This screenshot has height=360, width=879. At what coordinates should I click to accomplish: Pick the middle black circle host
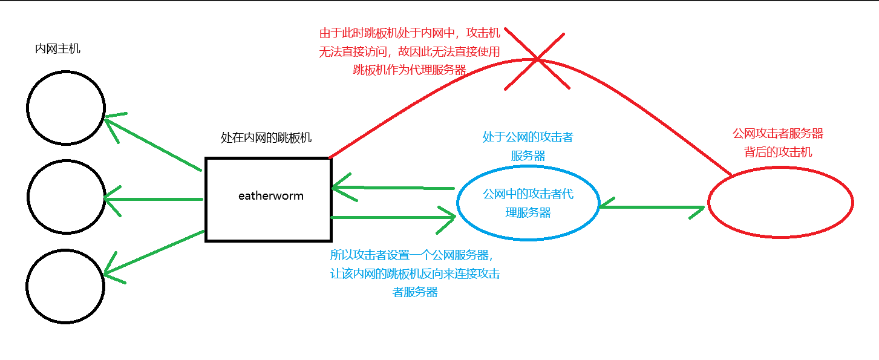pyautogui.click(x=65, y=197)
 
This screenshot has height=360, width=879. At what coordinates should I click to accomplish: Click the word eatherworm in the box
pyautogui.click(x=270, y=196)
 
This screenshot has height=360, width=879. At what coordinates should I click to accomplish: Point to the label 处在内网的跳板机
pyautogui.click(x=266, y=138)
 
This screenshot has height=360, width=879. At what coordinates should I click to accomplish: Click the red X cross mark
pyautogui.click(x=537, y=59)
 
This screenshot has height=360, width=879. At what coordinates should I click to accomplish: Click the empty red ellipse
pyautogui.click(x=780, y=203)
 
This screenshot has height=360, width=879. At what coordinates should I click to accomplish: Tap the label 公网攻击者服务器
pyautogui.click(x=778, y=133)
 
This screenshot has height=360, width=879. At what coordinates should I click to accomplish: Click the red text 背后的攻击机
pyautogui.click(x=778, y=152)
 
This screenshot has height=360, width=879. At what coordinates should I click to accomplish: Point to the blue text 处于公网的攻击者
pyautogui.click(x=528, y=137)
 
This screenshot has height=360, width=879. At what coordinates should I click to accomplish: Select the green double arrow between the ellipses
pyautogui.click(x=652, y=208)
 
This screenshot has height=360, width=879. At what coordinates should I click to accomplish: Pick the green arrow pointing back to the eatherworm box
pyautogui.click(x=393, y=189)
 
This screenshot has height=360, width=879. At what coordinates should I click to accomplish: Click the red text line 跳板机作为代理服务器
pyautogui.click(x=410, y=70)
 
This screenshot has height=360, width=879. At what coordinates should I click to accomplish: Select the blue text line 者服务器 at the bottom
pyautogui.click(x=415, y=292)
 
